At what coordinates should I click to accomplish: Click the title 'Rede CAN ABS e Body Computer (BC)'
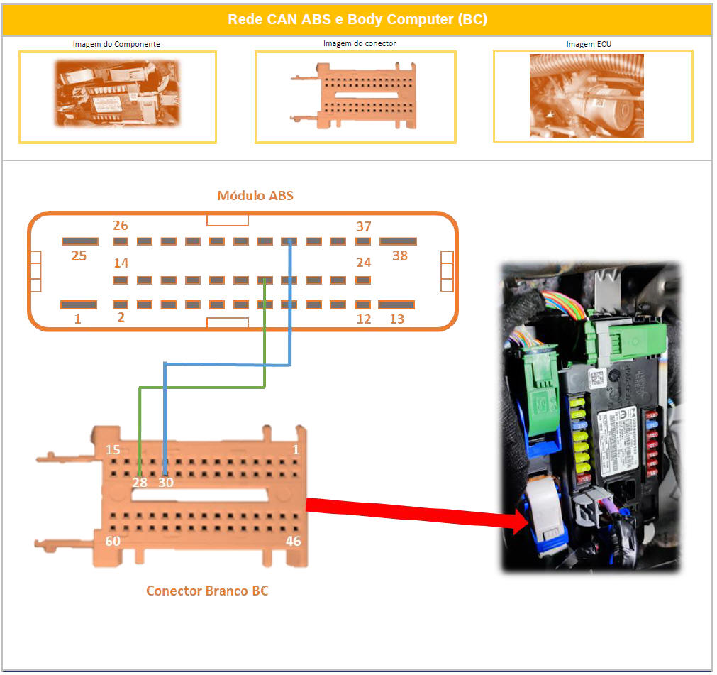coord(357,20)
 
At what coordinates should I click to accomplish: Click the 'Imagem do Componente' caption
coord(116,44)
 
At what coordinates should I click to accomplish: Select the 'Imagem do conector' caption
coord(360,44)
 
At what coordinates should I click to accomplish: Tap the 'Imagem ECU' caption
coord(589,44)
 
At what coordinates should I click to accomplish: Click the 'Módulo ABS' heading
coord(255,196)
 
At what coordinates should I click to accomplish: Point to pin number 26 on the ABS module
coord(121,226)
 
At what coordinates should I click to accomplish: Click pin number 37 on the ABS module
coord(364,226)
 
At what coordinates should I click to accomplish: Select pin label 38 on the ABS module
coord(400,256)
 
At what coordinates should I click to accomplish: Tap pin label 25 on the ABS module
coord(79,256)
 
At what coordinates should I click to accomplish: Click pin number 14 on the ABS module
coord(121,263)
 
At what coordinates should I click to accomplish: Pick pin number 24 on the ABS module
coord(364,263)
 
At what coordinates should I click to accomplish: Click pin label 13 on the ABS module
coord(397,319)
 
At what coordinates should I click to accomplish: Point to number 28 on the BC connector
coord(139,483)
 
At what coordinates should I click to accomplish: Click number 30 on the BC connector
coord(165,483)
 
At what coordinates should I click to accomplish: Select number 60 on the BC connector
coord(113,542)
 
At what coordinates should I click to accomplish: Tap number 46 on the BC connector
coord(293,542)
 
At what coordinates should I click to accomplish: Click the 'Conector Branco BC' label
coord(207,591)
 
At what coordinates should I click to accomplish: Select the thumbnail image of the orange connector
coord(355,97)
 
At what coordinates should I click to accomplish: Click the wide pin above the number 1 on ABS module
coord(79,304)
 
